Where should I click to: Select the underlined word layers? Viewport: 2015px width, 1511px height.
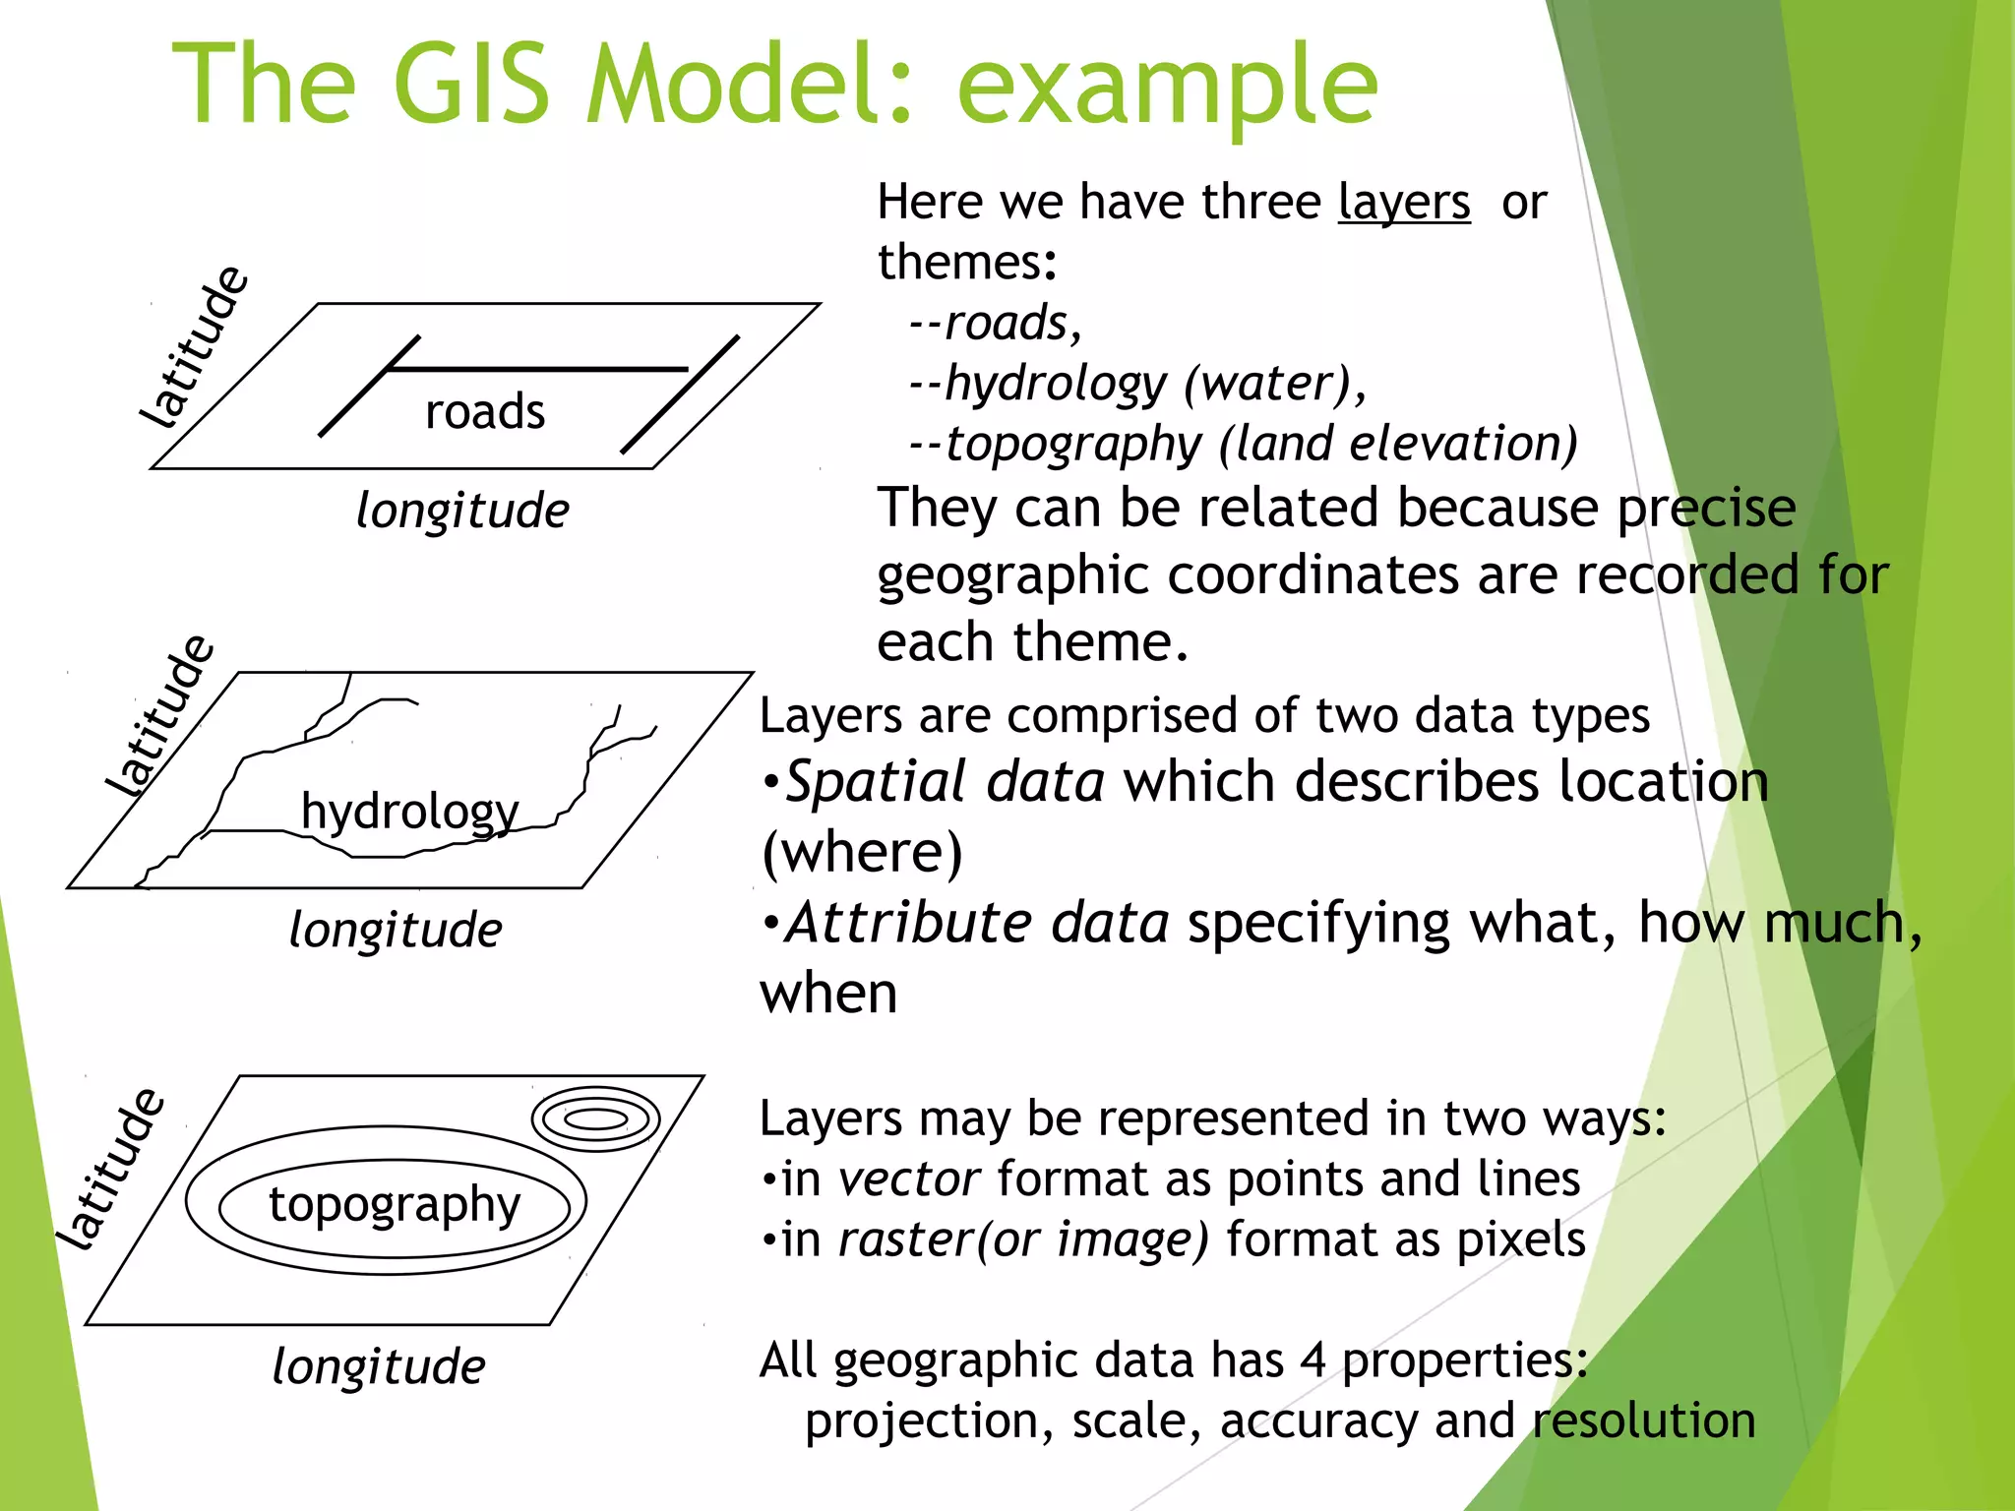(1404, 203)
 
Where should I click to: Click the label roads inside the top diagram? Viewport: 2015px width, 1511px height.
(485, 411)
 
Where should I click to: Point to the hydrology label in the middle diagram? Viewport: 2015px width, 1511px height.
(409, 813)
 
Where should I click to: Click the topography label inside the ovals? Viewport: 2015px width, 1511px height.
(395, 1205)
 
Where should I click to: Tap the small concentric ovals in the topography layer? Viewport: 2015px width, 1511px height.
(595, 1118)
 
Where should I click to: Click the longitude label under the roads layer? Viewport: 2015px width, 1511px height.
(462, 512)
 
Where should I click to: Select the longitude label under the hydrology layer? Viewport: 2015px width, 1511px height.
(396, 931)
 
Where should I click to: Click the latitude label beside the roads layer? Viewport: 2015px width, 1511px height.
(193, 346)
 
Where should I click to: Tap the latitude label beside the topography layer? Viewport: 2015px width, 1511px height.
(109, 1169)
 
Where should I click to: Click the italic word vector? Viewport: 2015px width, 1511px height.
(909, 1179)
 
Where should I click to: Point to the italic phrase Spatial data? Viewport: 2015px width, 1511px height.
(946, 783)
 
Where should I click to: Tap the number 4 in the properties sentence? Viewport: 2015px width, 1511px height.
(1313, 1360)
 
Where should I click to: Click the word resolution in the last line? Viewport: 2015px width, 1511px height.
(1644, 1421)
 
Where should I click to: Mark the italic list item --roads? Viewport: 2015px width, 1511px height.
(995, 324)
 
